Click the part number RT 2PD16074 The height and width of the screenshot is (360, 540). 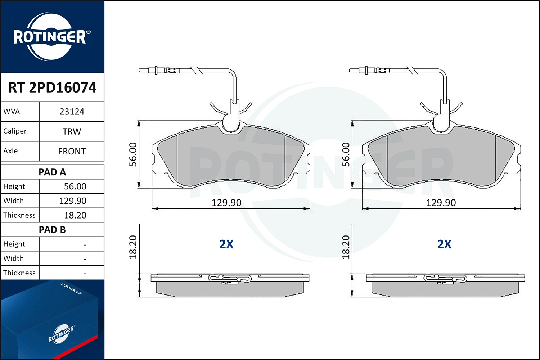point(52,87)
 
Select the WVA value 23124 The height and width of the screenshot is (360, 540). point(72,112)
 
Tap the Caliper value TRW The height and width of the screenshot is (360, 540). point(72,131)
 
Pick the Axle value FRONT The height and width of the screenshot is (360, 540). point(72,151)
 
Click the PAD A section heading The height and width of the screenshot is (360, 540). point(52,172)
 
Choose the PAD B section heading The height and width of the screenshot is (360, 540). point(52,230)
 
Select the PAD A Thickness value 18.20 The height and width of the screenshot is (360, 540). point(75,215)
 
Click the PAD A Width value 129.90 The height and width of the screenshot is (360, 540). point(73,201)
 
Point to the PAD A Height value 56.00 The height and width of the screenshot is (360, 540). point(75,186)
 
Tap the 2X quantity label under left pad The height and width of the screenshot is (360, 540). point(226,244)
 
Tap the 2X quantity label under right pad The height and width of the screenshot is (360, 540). point(444,244)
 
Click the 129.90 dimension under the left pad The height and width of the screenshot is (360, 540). point(226,203)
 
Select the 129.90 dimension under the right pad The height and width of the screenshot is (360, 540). point(441,203)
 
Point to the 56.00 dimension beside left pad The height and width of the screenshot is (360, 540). point(133,154)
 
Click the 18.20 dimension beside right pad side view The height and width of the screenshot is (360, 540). point(346,247)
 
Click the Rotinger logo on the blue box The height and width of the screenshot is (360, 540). point(61,334)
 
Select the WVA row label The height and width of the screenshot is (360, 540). point(12,112)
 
